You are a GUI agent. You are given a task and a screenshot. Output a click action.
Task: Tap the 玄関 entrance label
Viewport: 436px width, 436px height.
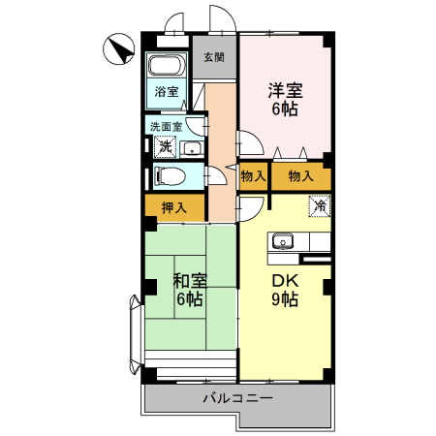coord(214,57)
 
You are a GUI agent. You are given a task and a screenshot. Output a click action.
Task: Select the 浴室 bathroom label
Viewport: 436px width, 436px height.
coord(167,93)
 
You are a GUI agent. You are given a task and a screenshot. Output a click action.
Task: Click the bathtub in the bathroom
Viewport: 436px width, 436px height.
coord(168,69)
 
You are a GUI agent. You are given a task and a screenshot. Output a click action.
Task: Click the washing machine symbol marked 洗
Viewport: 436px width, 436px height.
coord(165,147)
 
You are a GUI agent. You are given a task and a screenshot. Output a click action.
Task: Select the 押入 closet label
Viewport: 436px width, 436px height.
coord(174,206)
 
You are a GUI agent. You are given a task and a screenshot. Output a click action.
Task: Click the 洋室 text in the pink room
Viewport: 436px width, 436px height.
coord(286,91)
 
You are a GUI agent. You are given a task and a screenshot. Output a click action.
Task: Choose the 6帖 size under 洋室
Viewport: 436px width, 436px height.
coord(286,109)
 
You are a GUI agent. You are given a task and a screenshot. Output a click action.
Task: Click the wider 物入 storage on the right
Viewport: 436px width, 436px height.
coord(301,177)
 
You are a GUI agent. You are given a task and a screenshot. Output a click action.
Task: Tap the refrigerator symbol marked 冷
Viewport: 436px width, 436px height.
coord(320,205)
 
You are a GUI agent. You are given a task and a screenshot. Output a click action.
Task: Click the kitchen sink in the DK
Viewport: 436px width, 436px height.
coord(284,241)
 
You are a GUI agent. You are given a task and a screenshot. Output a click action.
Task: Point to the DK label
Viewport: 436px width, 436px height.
coord(285,280)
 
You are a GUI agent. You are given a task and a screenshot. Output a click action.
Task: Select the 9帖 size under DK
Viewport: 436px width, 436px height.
coord(285,299)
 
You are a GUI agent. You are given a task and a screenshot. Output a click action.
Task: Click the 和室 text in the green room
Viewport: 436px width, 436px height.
coord(189,281)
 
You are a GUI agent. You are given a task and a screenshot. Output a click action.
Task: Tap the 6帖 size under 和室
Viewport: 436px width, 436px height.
coord(189,299)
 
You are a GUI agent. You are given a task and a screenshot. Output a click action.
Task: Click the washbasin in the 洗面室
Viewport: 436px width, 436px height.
coord(192,148)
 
